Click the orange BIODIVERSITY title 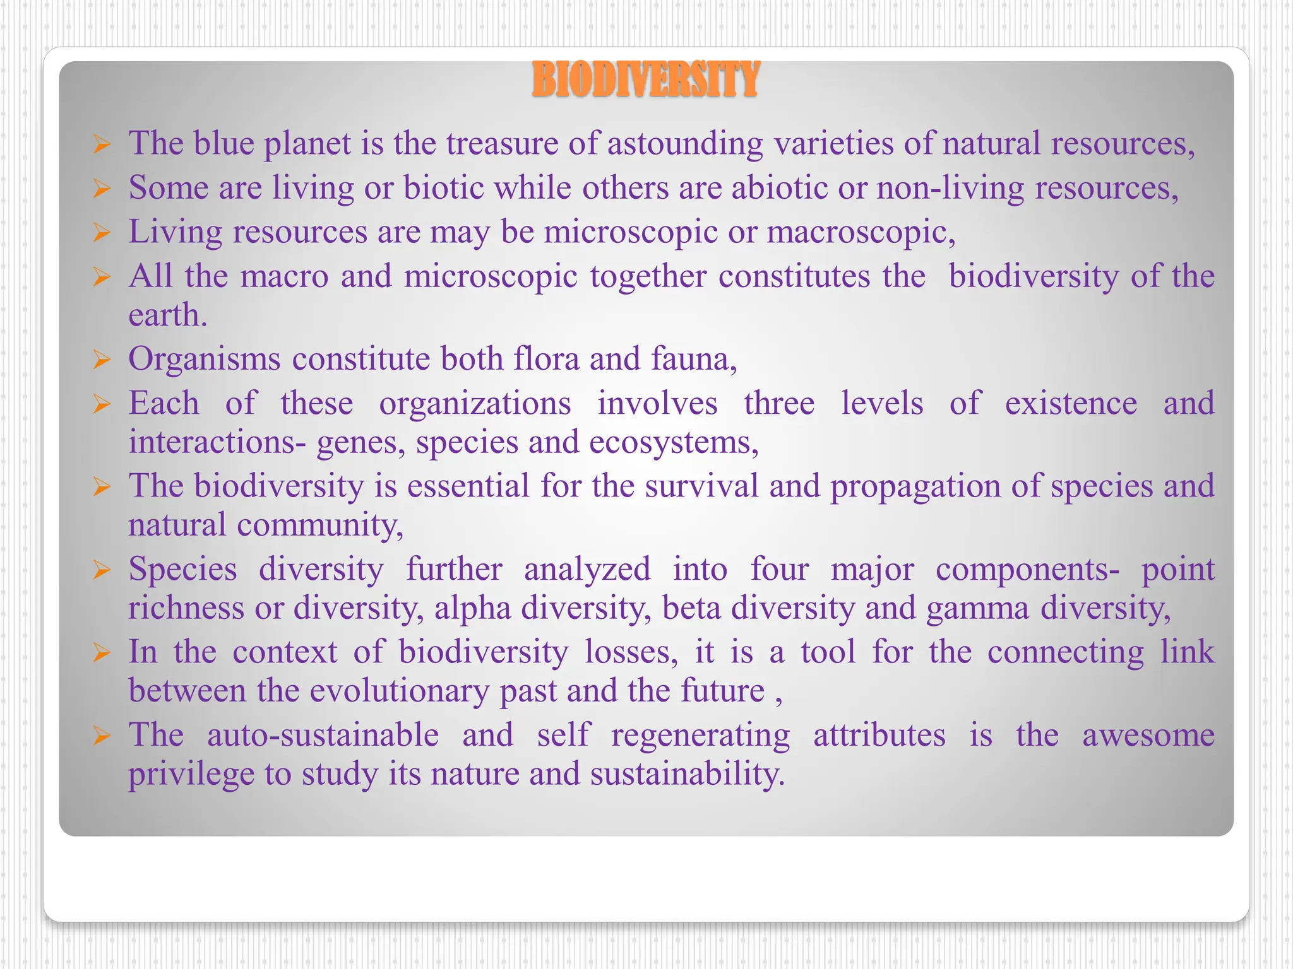tap(645, 80)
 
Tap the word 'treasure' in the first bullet tap(502, 143)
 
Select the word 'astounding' tap(685, 144)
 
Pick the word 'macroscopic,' tap(861, 233)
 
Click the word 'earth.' tap(168, 315)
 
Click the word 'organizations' tap(475, 404)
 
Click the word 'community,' tap(320, 526)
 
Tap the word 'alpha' tap(472, 609)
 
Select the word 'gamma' tap(977, 609)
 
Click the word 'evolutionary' tap(400, 691)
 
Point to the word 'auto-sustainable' tap(323, 736)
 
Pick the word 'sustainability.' tap(688, 775)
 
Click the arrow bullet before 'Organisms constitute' tap(102, 360)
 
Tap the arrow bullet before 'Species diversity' tap(102, 570)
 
